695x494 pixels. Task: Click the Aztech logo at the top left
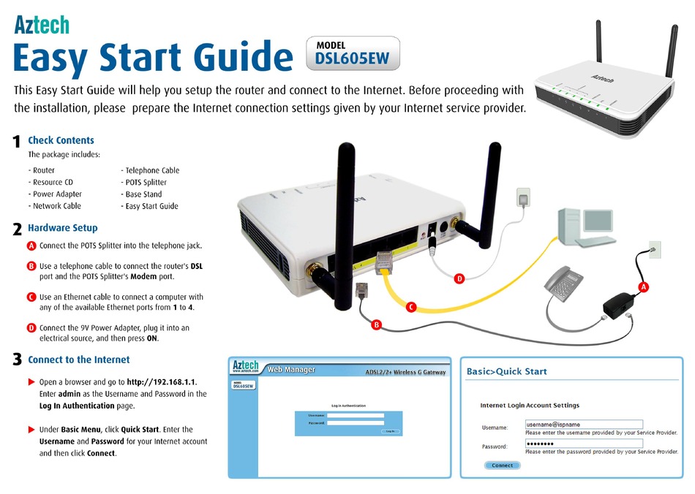click(x=42, y=25)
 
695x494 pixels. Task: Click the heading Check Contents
click(x=61, y=140)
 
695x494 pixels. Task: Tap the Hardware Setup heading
click(x=62, y=228)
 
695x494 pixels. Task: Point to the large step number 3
click(x=16, y=360)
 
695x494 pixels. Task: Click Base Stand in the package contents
click(x=143, y=194)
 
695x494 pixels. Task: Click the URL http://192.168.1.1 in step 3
click(x=161, y=381)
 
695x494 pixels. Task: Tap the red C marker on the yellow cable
click(x=411, y=307)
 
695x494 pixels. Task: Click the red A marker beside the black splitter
click(x=644, y=287)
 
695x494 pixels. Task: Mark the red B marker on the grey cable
click(x=377, y=324)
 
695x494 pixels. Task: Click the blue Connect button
click(x=502, y=465)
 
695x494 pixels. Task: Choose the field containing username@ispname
click(x=583, y=424)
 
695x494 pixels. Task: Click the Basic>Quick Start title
click(x=506, y=371)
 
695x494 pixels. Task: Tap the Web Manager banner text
click(x=291, y=370)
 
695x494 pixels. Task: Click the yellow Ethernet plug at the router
click(x=385, y=261)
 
